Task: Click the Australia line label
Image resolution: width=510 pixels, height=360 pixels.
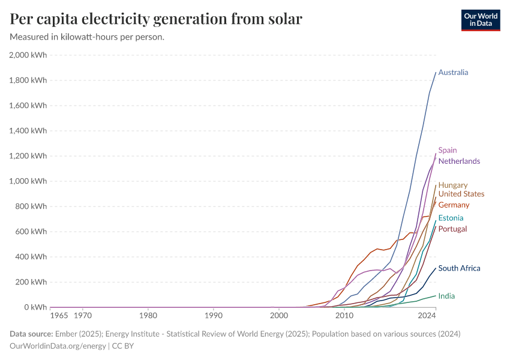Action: (453, 73)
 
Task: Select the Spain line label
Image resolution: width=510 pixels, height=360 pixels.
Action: (448, 150)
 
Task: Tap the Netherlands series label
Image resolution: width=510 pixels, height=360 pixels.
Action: (459, 161)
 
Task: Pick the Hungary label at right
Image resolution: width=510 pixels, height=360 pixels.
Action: (453, 185)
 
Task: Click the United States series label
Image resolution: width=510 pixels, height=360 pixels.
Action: (461, 194)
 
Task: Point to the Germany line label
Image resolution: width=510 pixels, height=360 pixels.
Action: (454, 205)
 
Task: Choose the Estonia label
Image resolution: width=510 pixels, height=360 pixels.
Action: (451, 218)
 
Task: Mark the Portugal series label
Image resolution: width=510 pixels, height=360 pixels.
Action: (452, 229)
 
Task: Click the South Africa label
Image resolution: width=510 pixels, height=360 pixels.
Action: (459, 269)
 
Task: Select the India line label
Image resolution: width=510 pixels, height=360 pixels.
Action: (446, 296)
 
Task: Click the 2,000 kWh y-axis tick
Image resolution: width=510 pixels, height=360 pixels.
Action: (28, 55)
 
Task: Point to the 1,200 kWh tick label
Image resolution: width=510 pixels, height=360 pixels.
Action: (28, 156)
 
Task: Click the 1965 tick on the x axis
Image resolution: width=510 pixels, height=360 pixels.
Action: (59, 315)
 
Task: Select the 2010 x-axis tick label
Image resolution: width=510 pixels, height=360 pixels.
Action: (344, 315)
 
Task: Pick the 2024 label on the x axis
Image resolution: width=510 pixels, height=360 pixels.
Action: (427, 315)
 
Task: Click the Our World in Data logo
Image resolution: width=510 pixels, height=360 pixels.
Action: (480, 20)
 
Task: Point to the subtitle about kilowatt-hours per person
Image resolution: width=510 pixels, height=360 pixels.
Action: (87, 37)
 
